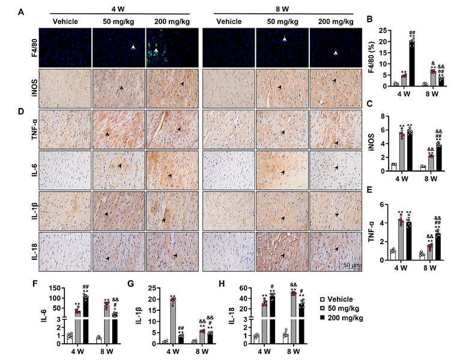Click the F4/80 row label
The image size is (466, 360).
[x=20, y=45]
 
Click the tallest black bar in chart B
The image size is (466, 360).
[x=413, y=63]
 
